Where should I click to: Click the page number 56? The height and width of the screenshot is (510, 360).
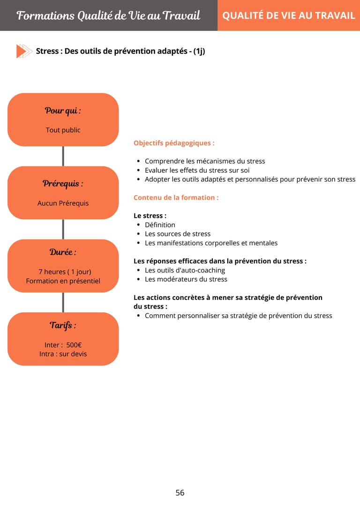click(x=180, y=493)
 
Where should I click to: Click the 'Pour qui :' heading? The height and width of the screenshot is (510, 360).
click(x=63, y=111)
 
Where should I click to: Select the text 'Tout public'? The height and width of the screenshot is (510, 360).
click(x=63, y=130)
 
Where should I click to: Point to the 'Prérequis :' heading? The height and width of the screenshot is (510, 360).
click(x=63, y=183)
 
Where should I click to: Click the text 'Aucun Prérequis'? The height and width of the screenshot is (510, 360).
click(x=63, y=203)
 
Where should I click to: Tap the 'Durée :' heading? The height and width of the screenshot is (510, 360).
click(x=63, y=252)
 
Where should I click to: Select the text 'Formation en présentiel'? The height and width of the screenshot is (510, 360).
click(x=63, y=281)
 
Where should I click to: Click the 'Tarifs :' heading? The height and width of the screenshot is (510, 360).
click(x=63, y=325)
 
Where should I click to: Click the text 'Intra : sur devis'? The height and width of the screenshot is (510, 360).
click(x=63, y=354)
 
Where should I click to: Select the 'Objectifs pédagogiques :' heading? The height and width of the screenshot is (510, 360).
click(x=174, y=143)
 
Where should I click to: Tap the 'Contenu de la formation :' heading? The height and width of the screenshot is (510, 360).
click(x=176, y=198)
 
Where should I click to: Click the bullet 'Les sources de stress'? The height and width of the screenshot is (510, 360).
click(x=178, y=234)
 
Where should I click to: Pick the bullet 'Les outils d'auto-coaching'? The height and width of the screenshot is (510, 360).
click(x=185, y=270)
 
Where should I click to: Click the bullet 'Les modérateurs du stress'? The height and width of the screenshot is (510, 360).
click(x=186, y=279)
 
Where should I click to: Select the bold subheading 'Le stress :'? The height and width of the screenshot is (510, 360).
click(x=150, y=216)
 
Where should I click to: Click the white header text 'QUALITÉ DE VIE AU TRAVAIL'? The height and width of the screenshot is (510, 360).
click(x=289, y=15)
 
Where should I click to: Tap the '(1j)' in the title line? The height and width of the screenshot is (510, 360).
click(x=199, y=51)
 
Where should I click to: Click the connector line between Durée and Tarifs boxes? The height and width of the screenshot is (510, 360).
click(x=63, y=302)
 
